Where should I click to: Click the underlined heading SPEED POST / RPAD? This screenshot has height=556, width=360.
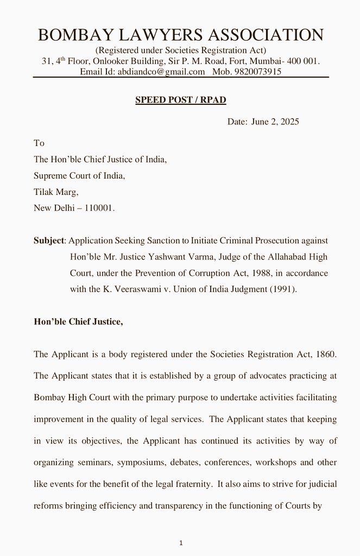pyautogui.click(x=180, y=100)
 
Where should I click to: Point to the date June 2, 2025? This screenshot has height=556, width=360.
pyautogui.click(x=275, y=122)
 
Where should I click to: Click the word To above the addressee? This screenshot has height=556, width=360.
pyautogui.click(x=39, y=143)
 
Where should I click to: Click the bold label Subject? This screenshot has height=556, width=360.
pyautogui.click(x=49, y=240)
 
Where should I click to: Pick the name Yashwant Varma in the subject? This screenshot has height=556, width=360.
pyautogui.click(x=182, y=256)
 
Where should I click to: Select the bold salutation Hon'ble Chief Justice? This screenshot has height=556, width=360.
pyautogui.click(x=78, y=321)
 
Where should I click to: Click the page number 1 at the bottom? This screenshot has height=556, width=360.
pyautogui.click(x=181, y=542)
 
